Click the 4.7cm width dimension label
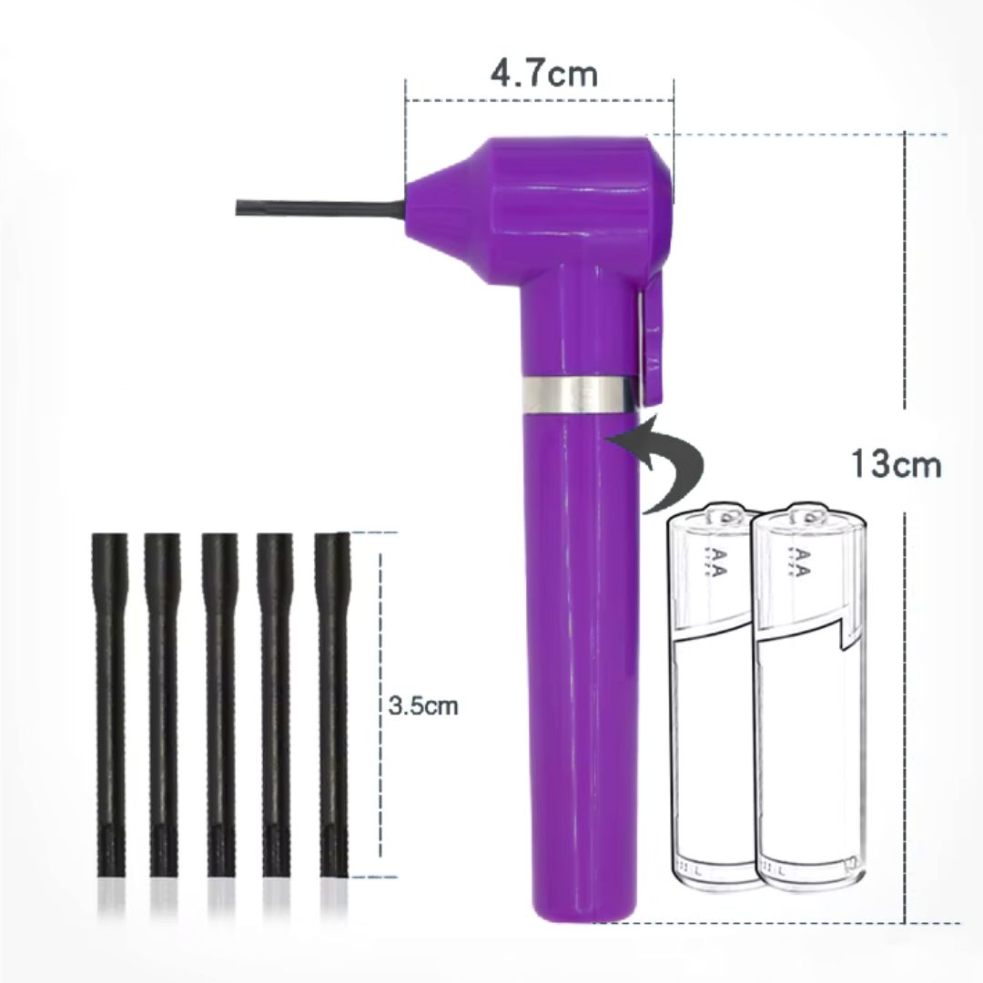pyautogui.click(x=543, y=73)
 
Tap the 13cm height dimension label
pyautogui.click(x=896, y=464)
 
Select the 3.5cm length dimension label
pyautogui.click(x=423, y=706)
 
